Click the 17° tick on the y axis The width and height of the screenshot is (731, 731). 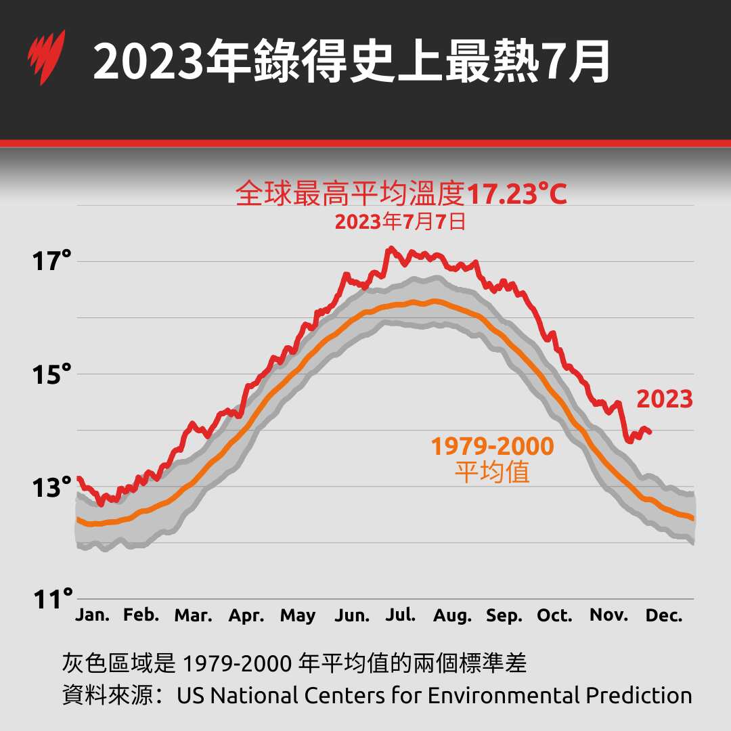tap(52, 260)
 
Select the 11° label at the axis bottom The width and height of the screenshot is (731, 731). tap(52, 598)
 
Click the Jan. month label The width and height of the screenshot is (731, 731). tap(92, 615)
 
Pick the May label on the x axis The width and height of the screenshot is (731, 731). tap(298, 616)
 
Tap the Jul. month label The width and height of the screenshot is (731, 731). tap(401, 615)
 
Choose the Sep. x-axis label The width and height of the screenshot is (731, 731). tap(504, 616)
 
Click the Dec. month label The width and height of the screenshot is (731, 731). tap(663, 615)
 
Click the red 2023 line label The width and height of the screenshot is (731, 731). tap(665, 399)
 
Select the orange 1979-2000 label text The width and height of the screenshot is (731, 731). tap(492, 446)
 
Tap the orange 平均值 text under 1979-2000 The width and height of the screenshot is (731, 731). tap(492, 472)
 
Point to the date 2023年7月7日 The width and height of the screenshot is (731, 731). tap(400, 222)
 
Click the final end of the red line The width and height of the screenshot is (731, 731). tap(650, 432)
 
